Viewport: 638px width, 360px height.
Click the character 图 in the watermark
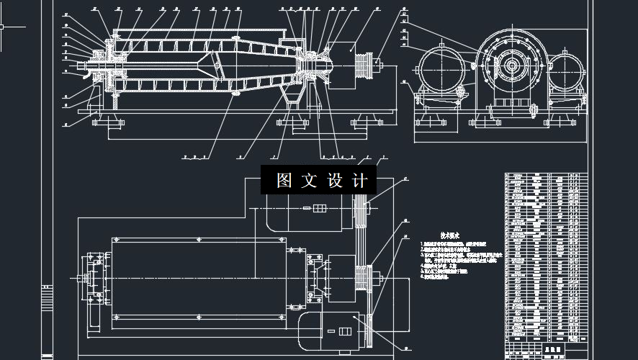tap(284, 180)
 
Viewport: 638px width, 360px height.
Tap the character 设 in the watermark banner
tap(335, 180)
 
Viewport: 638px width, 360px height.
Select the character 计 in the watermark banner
tap(360, 180)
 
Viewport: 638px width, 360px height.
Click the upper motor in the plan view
tap(308, 210)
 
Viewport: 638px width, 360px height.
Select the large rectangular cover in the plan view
tap(194, 278)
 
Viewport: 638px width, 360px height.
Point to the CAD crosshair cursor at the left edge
tap(4, 27)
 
